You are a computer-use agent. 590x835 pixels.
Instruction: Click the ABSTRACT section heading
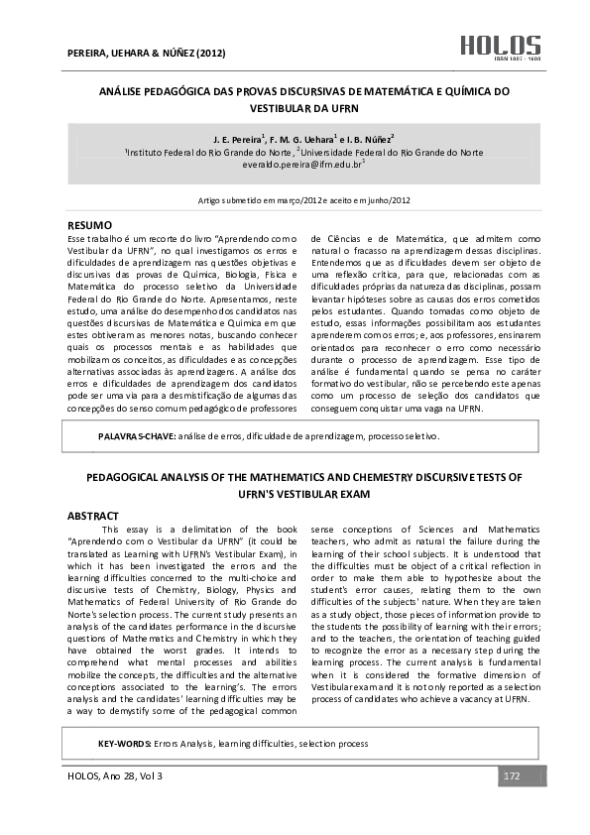[93, 516]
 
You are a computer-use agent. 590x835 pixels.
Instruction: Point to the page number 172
[512, 775]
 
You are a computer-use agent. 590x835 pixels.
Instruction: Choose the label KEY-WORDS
[124, 743]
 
